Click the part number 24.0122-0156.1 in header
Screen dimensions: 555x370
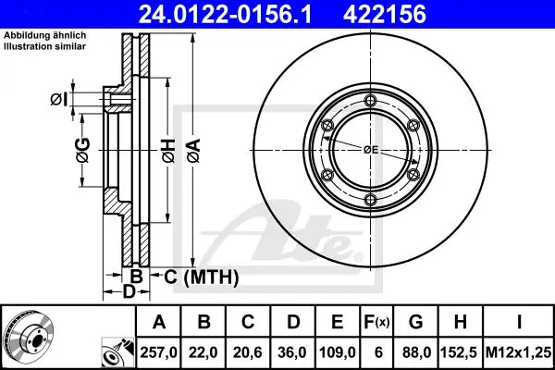click(225, 14)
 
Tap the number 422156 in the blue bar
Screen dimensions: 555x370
click(385, 14)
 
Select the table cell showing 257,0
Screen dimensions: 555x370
click(158, 352)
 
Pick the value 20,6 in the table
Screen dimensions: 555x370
click(248, 352)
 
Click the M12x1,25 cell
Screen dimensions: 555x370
click(519, 352)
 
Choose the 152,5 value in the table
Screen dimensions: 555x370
click(460, 352)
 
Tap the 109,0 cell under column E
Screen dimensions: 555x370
click(338, 352)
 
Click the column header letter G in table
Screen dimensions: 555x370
click(415, 322)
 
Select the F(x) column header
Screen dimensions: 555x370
click(376, 322)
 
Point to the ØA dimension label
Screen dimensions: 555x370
click(194, 151)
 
